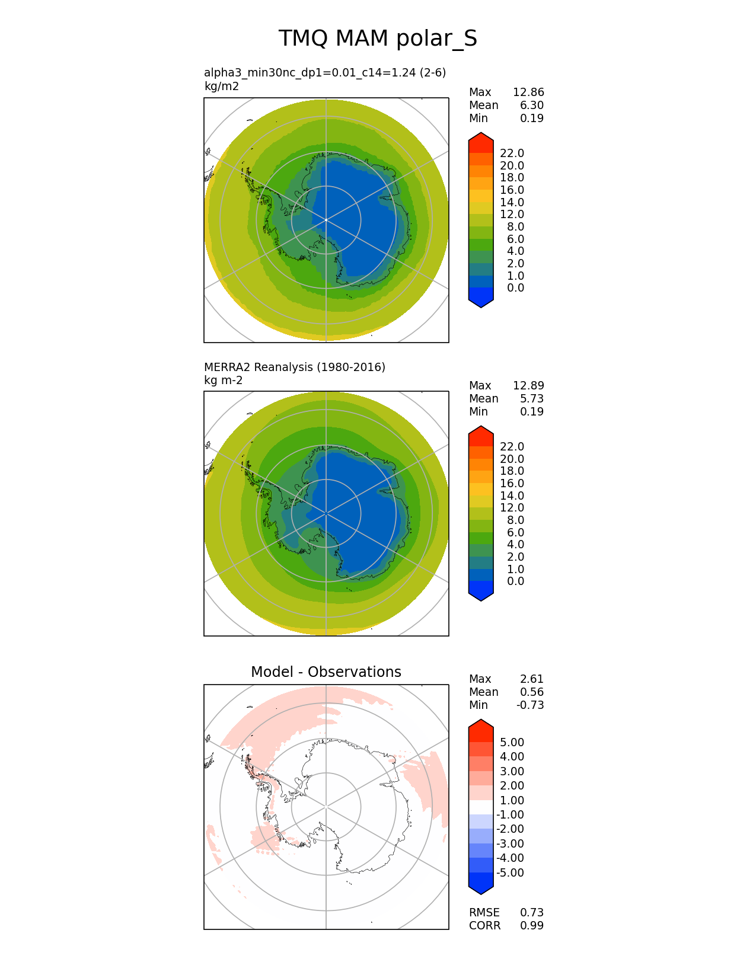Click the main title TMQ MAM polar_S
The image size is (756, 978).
(378, 39)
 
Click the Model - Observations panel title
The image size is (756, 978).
(326, 672)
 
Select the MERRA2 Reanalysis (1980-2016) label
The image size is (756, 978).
(294, 367)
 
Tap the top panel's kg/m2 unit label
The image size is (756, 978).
(221, 86)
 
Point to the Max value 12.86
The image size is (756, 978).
(528, 92)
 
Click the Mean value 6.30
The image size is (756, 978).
(532, 105)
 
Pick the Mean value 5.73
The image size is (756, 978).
(532, 398)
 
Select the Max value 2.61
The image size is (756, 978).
(532, 679)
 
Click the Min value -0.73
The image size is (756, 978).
(530, 705)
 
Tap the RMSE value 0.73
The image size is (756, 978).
(532, 912)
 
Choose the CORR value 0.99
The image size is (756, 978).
(532, 925)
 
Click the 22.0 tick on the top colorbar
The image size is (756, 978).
(512, 153)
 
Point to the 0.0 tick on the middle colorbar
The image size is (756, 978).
(515, 581)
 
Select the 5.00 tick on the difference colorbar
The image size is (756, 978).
(512, 742)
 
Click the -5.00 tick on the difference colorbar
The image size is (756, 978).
(510, 872)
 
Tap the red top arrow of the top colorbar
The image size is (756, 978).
(481, 142)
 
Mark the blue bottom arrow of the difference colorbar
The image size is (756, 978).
(481, 884)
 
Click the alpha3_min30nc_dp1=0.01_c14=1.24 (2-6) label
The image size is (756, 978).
(324, 72)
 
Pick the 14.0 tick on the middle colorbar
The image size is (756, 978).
(512, 496)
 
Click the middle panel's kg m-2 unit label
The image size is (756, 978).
(223, 380)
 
